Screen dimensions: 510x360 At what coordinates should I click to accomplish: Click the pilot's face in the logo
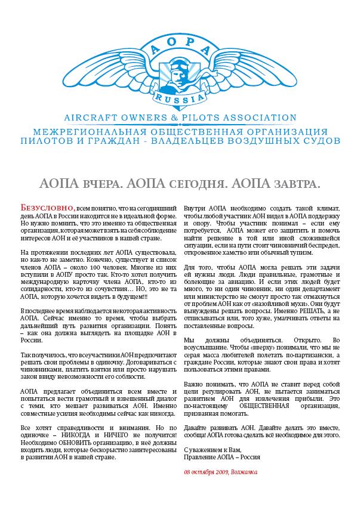[179, 71]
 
